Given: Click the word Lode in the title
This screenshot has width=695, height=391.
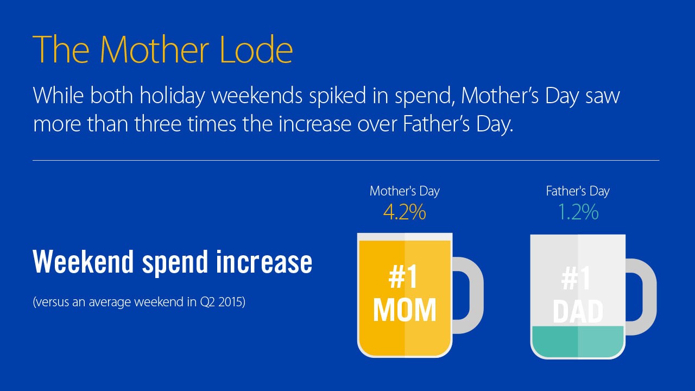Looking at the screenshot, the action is (x=256, y=49).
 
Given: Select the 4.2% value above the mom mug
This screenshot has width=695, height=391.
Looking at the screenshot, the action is (x=405, y=212).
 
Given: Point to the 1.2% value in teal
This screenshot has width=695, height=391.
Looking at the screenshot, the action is (x=578, y=212).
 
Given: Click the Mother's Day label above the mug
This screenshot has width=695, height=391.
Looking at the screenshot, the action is (x=405, y=191).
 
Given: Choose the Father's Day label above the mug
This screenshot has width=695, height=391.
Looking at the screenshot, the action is (x=578, y=191).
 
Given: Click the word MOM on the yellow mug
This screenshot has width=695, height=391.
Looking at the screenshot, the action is (x=405, y=310).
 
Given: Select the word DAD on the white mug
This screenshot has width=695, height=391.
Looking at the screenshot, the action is (x=578, y=311).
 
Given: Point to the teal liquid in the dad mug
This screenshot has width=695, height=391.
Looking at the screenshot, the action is (x=578, y=342).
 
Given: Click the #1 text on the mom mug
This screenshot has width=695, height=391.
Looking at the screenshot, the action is (x=403, y=278).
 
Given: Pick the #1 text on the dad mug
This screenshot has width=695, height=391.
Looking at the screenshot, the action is (x=576, y=279).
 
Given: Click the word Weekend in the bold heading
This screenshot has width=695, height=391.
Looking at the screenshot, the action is (x=83, y=262).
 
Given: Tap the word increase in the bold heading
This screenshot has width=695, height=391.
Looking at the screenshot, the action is (x=264, y=262).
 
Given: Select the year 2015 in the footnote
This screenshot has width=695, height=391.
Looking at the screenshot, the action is (x=232, y=302).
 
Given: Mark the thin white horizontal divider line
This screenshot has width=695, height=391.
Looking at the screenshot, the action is (x=346, y=160).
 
